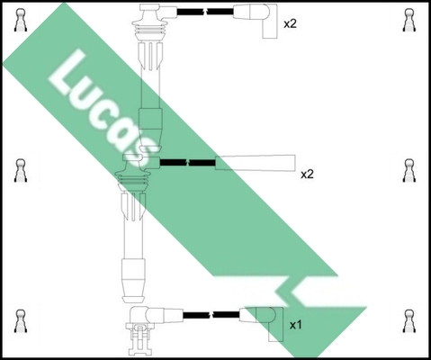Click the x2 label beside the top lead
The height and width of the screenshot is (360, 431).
coord(290,23)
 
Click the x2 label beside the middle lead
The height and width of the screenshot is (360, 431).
coord(307,174)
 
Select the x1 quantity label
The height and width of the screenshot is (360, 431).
coord(295,325)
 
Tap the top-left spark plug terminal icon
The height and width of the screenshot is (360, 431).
coord(21,20)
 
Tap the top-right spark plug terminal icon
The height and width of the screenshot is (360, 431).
coord(409,20)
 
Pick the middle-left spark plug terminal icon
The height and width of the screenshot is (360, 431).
coord(21,170)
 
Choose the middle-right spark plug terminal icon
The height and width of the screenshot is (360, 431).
coord(409,170)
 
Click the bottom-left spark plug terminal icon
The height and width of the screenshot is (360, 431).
coord(21,321)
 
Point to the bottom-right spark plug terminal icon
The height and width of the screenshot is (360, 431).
coord(409,321)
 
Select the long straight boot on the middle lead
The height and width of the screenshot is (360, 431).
coord(256,163)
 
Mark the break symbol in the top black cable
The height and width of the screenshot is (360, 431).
coord(205,12)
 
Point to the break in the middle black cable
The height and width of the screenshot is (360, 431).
coord(187,163)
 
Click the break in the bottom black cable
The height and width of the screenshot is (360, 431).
coord(211,315)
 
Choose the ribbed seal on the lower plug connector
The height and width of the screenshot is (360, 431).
coord(133,179)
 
